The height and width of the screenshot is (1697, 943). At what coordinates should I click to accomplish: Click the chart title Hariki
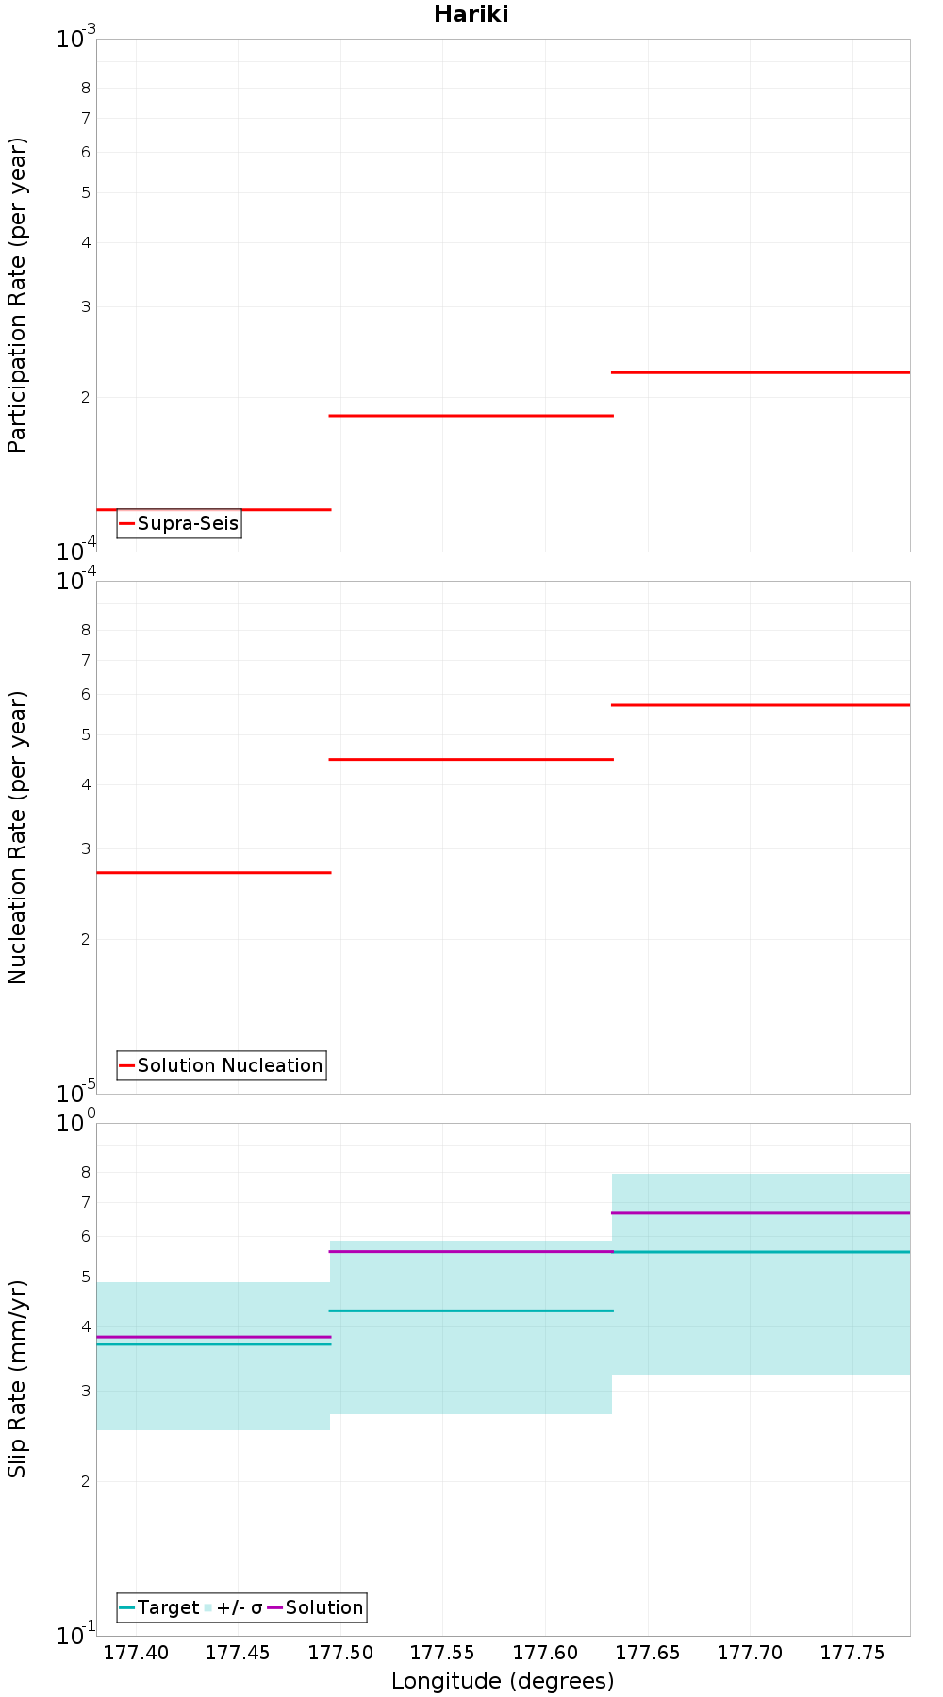[471, 14]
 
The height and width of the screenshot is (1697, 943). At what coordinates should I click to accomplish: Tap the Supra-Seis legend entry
[179, 523]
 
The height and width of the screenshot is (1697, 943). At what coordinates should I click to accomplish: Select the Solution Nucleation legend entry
[222, 1065]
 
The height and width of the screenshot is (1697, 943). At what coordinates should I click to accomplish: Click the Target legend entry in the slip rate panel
[159, 1607]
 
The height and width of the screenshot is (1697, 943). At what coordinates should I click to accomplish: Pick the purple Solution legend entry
[316, 1607]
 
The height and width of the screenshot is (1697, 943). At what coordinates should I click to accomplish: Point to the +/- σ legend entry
[233, 1607]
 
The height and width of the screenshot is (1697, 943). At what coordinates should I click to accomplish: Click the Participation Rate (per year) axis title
[17, 295]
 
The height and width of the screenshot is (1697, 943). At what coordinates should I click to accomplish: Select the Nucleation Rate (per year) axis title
[17, 838]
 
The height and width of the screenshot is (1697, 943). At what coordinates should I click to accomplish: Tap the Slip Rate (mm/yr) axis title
[17, 1378]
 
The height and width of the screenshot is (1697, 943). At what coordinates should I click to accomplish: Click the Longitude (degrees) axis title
[503, 1681]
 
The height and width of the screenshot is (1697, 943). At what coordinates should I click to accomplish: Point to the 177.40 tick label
[136, 1653]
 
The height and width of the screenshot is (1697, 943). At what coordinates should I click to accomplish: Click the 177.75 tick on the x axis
[852, 1653]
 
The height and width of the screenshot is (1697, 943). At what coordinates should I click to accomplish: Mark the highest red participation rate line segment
[761, 372]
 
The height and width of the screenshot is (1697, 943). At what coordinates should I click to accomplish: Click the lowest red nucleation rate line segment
[214, 873]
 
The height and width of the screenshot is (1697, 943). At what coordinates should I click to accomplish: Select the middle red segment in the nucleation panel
[471, 759]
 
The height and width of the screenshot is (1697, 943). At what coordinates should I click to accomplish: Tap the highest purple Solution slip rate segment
[761, 1213]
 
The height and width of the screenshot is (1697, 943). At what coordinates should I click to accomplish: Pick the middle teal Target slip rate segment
[471, 1310]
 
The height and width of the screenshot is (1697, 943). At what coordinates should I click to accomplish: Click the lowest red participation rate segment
[214, 509]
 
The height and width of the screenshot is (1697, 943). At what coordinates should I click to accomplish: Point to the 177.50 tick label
[340, 1653]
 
